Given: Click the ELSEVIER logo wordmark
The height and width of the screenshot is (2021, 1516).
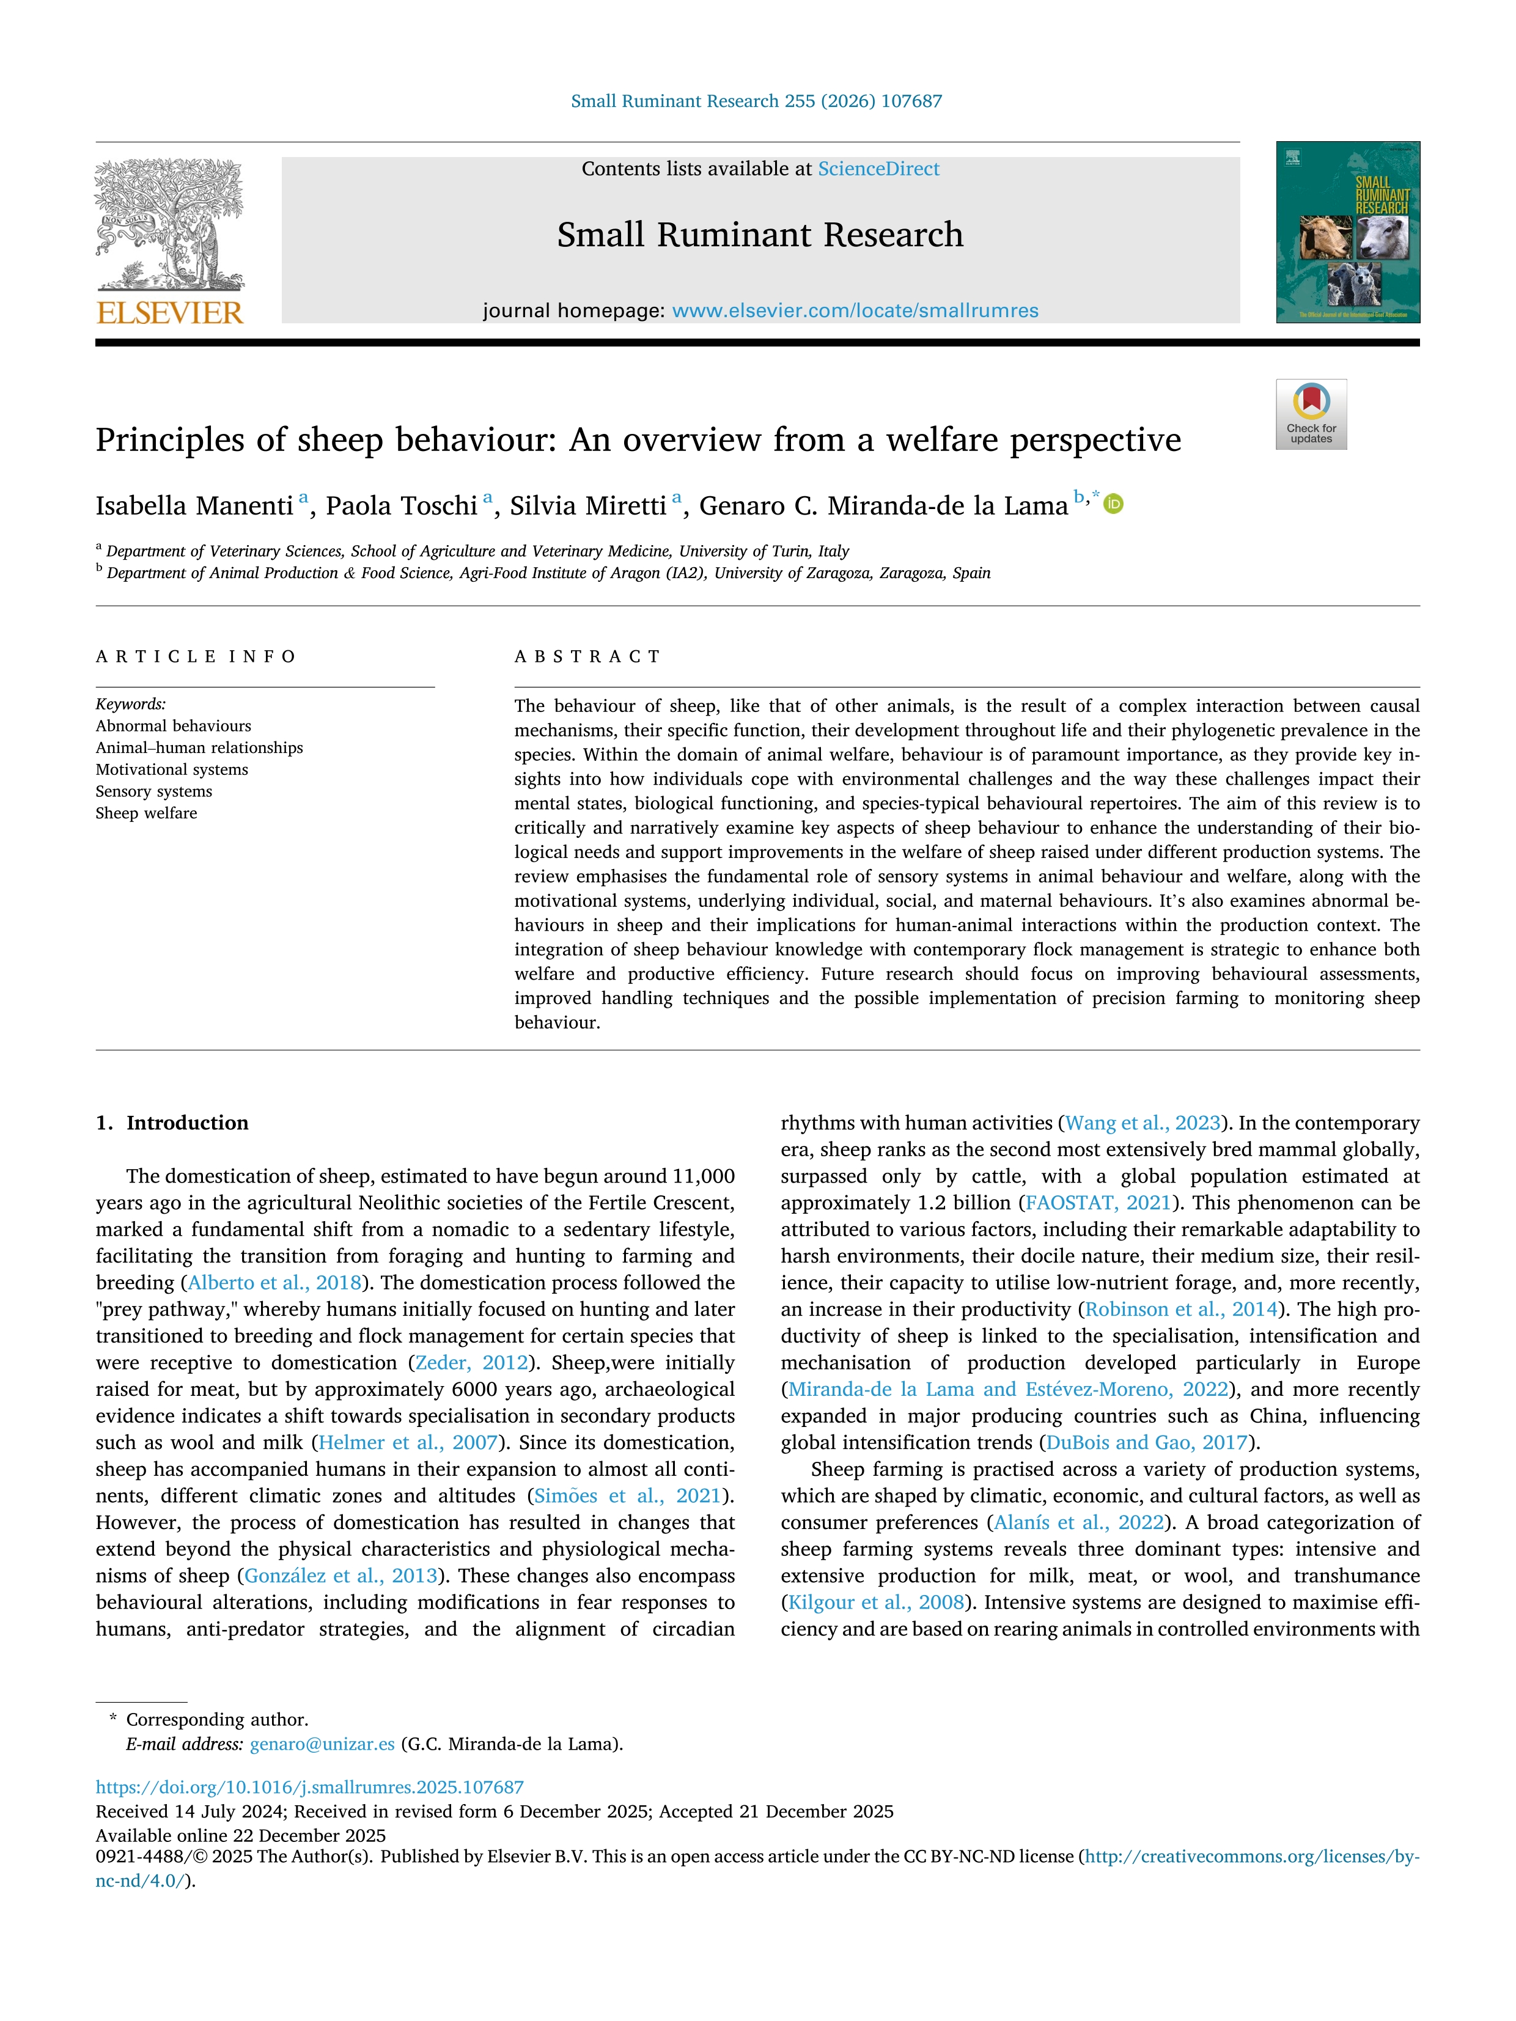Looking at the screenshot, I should pos(170,314).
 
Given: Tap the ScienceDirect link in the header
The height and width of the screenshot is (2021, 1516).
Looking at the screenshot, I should pos(878,169).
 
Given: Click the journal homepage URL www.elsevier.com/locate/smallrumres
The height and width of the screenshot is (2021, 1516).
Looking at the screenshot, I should pos(855,310).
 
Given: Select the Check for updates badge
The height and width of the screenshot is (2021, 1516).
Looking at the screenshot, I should pos(1311,414).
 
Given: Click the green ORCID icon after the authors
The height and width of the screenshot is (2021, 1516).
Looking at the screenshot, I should pos(1113,504).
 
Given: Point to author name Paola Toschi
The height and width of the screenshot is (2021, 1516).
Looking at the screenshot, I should pos(401,506).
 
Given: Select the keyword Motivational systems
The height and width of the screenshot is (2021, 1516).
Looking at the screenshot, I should pos(172,769).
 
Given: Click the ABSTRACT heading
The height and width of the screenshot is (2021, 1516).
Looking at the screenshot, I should pos(587,656).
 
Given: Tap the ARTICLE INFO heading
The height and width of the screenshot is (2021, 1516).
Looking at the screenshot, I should pos(196,656).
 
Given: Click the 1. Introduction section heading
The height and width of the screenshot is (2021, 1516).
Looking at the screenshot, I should pos(173,1123).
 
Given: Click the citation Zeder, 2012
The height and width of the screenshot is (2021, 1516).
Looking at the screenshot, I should pos(471,1362).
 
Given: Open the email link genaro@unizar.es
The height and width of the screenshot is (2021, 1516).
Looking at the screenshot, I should pos(322,1744).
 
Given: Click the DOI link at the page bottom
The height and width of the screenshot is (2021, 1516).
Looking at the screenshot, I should pos(310,1786).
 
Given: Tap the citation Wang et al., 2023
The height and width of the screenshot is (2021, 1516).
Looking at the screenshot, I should pos(1143,1123).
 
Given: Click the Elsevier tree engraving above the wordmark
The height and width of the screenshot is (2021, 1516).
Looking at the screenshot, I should pos(170,224).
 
